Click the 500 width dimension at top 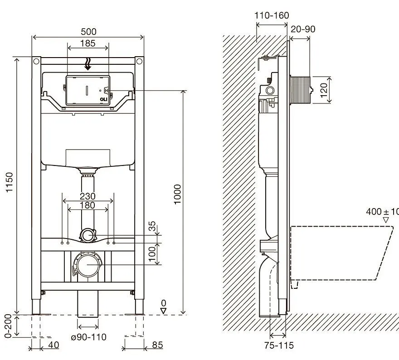point(89,32)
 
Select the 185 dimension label point(88,44)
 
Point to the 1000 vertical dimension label point(178,194)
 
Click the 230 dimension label point(88,196)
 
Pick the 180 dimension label point(88,205)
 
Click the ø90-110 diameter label point(88,337)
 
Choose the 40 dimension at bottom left point(53,345)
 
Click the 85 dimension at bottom point(157,345)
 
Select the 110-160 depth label point(272,16)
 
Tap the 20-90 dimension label point(303,29)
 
